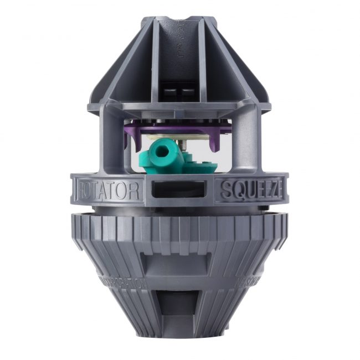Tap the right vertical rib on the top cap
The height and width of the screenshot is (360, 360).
click(201, 61)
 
